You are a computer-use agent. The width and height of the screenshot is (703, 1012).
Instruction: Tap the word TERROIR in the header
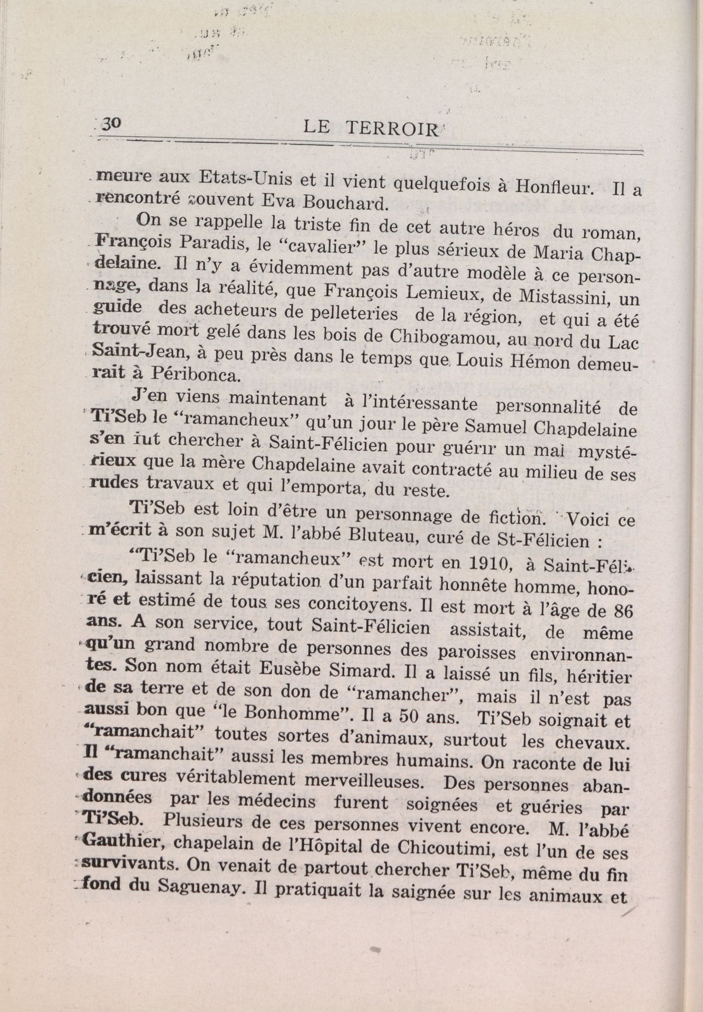click(393, 129)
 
